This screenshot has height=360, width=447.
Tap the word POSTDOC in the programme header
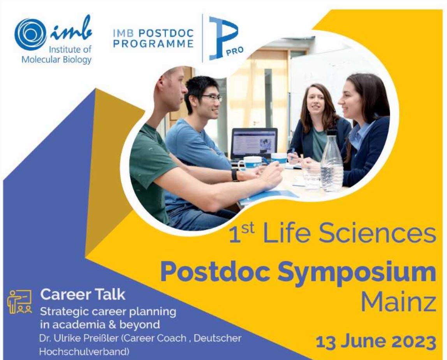coord(166,33)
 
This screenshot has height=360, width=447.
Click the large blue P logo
coord(223,38)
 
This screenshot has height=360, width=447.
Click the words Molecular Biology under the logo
coord(57,60)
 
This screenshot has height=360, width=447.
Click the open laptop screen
coord(254,144)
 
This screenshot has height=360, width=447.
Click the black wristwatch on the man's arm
coord(235,175)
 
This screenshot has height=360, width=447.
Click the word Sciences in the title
coord(377,234)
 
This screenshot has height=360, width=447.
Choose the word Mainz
coord(399,302)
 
